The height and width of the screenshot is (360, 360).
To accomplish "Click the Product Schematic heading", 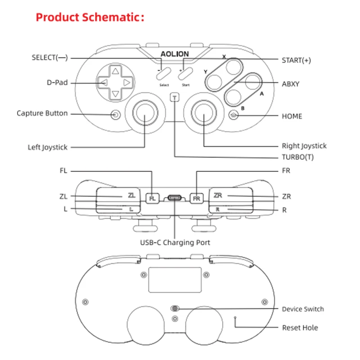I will pos(90,18).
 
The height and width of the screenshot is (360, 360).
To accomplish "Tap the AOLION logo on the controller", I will pos(175,54).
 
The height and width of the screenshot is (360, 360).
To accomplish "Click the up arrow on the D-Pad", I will pos(116,71).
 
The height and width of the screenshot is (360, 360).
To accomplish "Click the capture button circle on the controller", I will pos(116,114).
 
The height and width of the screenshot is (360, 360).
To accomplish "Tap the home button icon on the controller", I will pos(234,115).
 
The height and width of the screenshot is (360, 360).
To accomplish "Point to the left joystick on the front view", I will pos(145,111).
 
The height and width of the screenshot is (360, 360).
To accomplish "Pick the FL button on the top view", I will pos(153,198).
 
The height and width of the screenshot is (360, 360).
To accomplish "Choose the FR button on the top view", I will pos(196,198).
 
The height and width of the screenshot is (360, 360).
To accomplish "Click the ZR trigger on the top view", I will pos(229,195).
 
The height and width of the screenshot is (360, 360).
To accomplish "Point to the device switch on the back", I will pos(175,309).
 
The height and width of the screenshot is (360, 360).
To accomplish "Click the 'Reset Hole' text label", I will pos(300,328).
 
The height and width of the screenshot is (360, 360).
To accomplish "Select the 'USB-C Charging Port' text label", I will pos(175,243).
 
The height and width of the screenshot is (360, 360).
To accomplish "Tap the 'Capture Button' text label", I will pos(42,113).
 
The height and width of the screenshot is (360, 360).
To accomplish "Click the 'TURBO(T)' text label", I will pos(297,157).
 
